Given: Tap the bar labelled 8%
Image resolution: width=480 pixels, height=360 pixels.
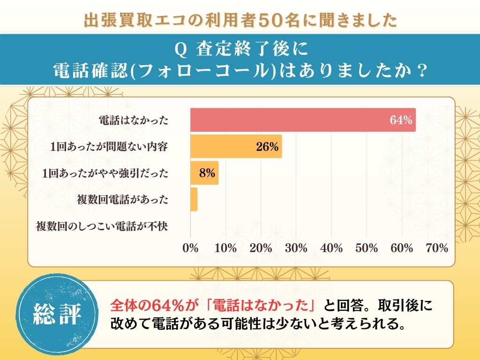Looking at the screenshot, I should (x=204, y=173).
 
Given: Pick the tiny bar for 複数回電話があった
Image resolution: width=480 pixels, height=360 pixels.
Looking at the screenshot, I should (x=194, y=200).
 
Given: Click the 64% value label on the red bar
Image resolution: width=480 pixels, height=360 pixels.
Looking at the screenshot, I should (x=401, y=120).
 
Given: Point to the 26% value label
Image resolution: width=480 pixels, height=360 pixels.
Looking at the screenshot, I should (x=267, y=147).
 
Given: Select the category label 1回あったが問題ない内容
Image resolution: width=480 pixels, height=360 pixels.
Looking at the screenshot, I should (x=109, y=147).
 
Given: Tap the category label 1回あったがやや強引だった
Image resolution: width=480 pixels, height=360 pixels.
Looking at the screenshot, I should (x=105, y=173).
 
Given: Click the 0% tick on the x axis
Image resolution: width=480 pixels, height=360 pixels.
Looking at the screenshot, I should (x=190, y=248).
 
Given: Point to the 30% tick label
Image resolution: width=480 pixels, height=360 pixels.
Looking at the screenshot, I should (x=296, y=248).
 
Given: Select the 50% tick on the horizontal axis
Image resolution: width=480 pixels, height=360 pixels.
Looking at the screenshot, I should (x=367, y=248).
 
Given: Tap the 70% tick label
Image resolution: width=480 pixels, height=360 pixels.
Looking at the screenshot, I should (x=437, y=248).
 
